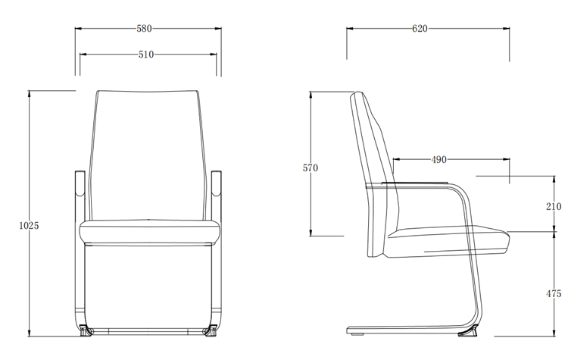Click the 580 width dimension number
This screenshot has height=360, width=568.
click(144, 29)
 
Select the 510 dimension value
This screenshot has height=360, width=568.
click(146, 55)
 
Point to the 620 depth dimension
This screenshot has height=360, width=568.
click(420, 29)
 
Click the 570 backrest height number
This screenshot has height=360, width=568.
click(311, 168)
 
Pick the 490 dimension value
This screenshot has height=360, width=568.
click(438, 160)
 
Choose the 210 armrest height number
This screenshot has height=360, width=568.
click(553, 206)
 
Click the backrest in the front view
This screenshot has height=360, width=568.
click(148, 152)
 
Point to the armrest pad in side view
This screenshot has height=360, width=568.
click(424, 183)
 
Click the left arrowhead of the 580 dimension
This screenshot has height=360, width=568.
click(76, 29)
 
